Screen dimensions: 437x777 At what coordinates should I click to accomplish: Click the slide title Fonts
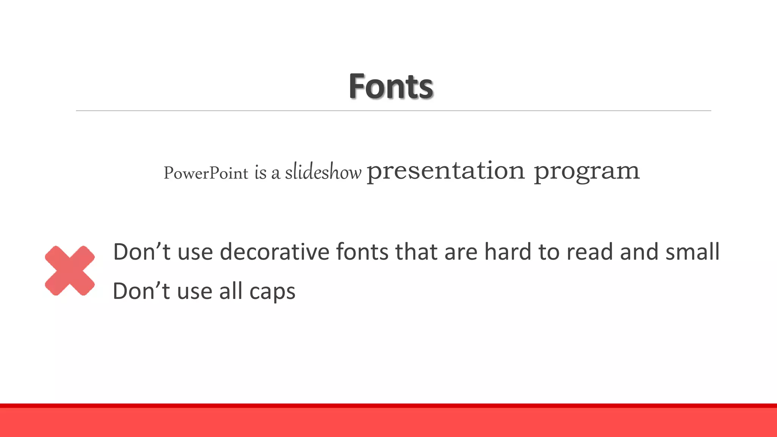(x=391, y=86)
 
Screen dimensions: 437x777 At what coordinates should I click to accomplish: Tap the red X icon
(x=70, y=270)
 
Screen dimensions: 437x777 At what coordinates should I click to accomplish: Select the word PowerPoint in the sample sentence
(x=206, y=173)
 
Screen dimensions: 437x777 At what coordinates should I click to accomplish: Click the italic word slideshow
(x=323, y=172)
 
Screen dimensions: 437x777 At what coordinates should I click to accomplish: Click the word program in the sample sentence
(x=587, y=171)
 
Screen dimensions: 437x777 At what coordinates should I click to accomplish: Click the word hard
(x=508, y=252)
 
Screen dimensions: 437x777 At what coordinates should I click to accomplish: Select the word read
(x=589, y=252)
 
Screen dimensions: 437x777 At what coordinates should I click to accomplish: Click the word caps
(x=272, y=292)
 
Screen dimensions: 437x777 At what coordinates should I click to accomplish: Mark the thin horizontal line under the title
(x=393, y=111)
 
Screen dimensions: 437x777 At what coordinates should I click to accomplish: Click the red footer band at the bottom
(x=388, y=422)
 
